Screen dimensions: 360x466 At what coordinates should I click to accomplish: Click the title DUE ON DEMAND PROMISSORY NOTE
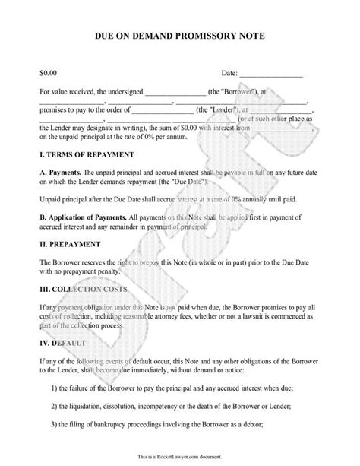pyautogui.click(x=180, y=36)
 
